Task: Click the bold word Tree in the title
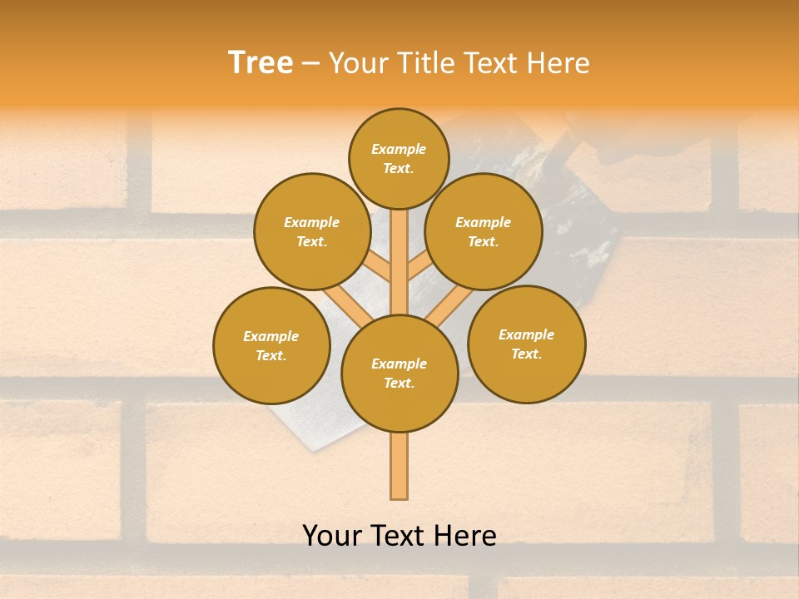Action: tap(261, 63)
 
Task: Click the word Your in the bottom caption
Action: tap(332, 536)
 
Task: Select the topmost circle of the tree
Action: tap(399, 158)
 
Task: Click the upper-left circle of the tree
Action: tap(311, 231)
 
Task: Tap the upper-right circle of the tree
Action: tap(483, 231)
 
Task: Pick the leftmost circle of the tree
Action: tap(271, 345)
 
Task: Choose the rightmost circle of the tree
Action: tap(526, 344)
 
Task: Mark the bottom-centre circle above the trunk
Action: tap(399, 373)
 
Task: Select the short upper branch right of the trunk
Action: tap(419, 268)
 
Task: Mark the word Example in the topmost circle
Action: tap(399, 150)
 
